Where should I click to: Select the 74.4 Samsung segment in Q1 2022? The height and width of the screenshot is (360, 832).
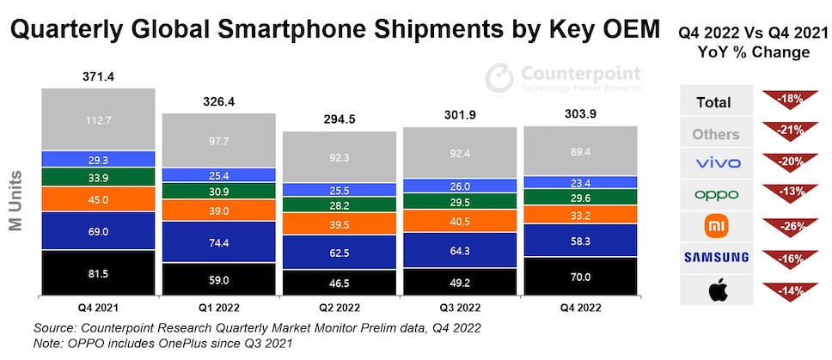tap(218, 243)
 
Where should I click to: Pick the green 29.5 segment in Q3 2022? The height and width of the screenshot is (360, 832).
tap(460, 201)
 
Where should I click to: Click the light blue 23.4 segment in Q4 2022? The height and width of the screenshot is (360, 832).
tap(580, 181)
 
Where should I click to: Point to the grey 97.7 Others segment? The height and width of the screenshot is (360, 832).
tap(218, 140)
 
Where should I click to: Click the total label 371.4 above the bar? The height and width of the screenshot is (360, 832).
tap(99, 76)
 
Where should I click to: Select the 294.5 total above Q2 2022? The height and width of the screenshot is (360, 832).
tap(340, 119)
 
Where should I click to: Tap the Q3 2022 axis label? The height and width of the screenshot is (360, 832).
tap(460, 306)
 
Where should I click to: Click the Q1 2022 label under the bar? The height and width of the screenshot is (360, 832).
tap(218, 306)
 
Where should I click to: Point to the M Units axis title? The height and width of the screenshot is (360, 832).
tap(15, 196)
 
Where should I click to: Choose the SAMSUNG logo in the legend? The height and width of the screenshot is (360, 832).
tap(716, 257)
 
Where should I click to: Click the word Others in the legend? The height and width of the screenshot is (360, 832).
tap(716, 134)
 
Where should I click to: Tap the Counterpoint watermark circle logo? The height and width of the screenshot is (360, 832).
tap(499, 78)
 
